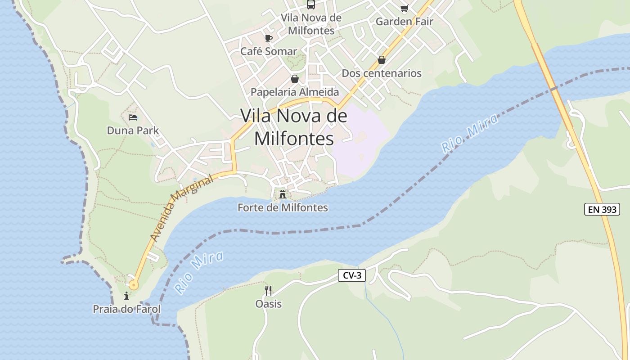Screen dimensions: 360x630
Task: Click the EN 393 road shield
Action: pyautogui.click(x=602, y=209)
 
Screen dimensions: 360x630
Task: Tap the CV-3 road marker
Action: pyautogui.click(x=351, y=275)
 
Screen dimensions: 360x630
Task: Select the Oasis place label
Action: pyautogui.click(x=268, y=304)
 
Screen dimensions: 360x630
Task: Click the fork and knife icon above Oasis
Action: pyautogui.click(x=268, y=290)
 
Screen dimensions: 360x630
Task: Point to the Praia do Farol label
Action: pyautogui.click(x=126, y=309)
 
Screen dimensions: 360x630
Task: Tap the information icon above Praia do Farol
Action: pyautogui.click(x=126, y=296)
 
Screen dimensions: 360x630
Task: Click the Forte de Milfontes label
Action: pyautogui.click(x=283, y=207)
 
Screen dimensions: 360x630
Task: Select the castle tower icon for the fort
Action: pyautogui.click(x=283, y=194)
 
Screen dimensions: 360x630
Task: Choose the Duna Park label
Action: pyautogui.click(x=133, y=130)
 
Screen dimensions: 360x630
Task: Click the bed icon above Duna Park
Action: pyautogui.click(x=133, y=117)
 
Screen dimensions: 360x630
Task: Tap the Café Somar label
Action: pyautogui.click(x=269, y=51)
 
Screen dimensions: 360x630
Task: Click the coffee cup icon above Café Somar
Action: pyautogui.click(x=269, y=38)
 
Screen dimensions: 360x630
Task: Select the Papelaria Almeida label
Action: pyautogui.click(x=294, y=92)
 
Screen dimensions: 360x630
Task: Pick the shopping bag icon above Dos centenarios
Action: pyautogui.click(x=382, y=60)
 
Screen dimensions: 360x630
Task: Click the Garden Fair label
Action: pyautogui.click(x=404, y=21)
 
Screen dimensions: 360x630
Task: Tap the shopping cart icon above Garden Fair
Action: pyautogui.click(x=404, y=8)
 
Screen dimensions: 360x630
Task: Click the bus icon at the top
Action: pyautogui.click(x=311, y=4)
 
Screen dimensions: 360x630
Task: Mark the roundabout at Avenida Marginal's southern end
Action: pyautogui.click(x=133, y=284)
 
